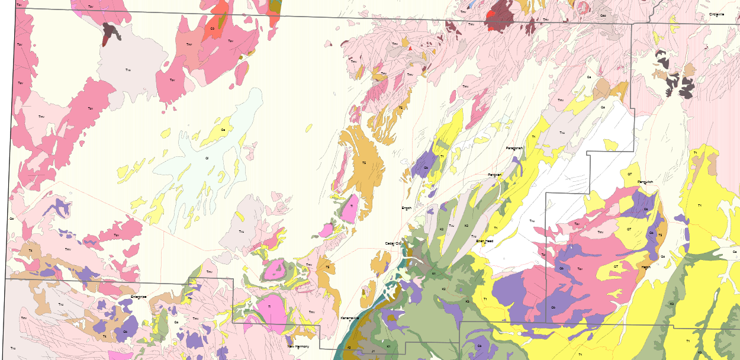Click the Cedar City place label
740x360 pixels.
[x=393, y=243]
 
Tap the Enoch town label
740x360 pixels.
[x=406, y=208]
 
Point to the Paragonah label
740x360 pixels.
[x=514, y=148]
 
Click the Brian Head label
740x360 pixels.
[x=484, y=241]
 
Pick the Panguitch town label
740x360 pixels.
[x=645, y=182]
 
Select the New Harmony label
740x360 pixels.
[x=298, y=346]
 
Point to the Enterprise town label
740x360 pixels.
[x=138, y=296]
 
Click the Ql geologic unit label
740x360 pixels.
[x=207, y=158]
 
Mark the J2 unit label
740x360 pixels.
[x=349, y=347]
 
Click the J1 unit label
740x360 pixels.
[x=373, y=351]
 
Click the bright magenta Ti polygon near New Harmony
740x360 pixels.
[x=269, y=307]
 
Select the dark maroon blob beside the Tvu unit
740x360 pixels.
[x=110, y=33]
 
